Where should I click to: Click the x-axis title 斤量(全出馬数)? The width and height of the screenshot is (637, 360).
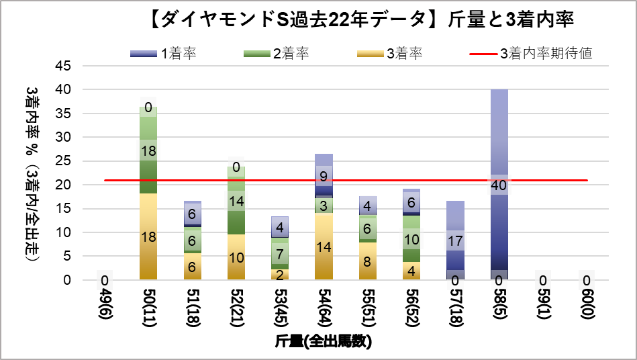(324, 341)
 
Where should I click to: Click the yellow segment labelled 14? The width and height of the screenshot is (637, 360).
(324, 246)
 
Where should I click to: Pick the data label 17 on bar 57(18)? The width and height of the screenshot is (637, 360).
(455, 240)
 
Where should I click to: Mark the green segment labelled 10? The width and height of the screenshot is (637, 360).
(411, 239)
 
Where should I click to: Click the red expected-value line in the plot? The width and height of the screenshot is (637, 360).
(201, 180)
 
